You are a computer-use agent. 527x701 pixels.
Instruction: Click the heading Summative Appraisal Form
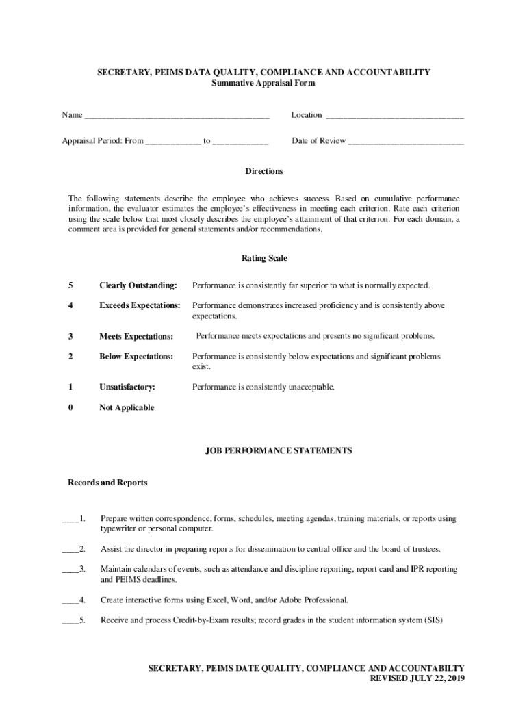coord(263,84)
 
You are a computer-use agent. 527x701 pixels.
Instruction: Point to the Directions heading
coord(263,171)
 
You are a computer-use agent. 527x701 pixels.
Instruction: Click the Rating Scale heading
coord(263,259)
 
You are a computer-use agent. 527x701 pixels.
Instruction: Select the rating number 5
coord(70,285)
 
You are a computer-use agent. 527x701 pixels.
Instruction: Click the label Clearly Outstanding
coord(138,285)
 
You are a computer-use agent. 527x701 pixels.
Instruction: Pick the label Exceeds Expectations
coord(140,305)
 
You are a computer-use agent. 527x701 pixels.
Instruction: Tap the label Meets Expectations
coord(136,336)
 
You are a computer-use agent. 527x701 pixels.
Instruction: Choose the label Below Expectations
coord(136,357)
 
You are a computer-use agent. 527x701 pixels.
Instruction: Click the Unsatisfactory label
coord(127,387)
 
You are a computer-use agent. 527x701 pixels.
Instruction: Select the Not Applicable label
coord(127,408)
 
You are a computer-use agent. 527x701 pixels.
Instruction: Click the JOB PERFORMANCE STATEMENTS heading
coord(279,451)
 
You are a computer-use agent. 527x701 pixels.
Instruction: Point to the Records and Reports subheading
coord(107,483)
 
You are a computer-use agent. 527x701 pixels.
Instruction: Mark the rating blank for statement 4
coord(70,602)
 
